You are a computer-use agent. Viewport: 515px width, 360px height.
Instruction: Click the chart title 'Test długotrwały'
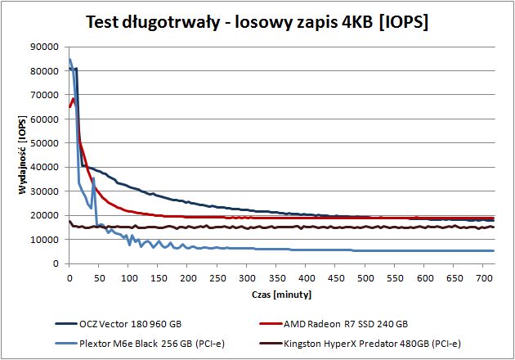(153, 22)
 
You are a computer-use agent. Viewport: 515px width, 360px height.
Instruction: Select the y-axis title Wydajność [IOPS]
(23, 155)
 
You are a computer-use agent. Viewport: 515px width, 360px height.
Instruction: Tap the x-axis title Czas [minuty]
(281, 295)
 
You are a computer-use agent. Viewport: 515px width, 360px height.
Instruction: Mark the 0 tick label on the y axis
(56, 263)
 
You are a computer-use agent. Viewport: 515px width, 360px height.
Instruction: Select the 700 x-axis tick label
(484, 278)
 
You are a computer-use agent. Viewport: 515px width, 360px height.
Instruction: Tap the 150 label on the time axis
(158, 278)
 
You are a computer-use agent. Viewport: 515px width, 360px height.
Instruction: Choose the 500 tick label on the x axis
(365, 278)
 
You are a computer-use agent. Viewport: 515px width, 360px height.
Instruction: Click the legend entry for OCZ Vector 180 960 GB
(119, 324)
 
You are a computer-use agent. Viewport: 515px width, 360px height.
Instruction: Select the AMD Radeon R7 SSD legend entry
(334, 324)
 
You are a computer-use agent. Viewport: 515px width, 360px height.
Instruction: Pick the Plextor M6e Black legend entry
(140, 344)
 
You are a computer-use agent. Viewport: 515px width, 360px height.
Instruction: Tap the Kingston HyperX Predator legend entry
(360, 344)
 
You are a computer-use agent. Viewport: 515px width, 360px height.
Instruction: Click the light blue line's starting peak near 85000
(69, 59)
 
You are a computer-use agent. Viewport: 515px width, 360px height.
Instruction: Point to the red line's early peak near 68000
(74, 99)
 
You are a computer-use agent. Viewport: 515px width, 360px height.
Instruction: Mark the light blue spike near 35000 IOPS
(94, 178)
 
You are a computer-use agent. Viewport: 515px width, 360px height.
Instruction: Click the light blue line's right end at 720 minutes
(494, 251)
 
